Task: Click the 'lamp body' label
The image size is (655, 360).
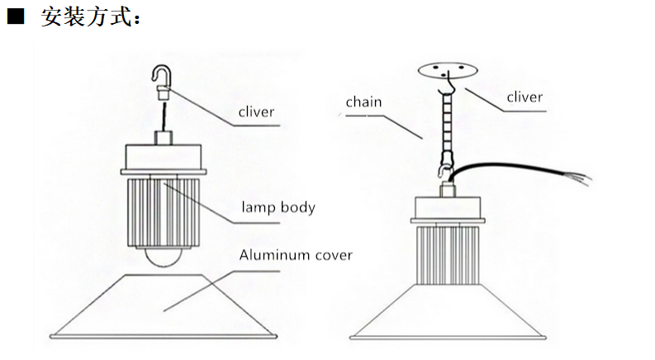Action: [278, 206]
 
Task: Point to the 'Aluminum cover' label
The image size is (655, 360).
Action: [295, 254]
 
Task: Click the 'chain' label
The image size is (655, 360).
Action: [363, 102]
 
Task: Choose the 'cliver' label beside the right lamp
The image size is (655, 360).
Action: [524, 97]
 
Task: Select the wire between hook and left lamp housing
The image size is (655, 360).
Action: [163, 116]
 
